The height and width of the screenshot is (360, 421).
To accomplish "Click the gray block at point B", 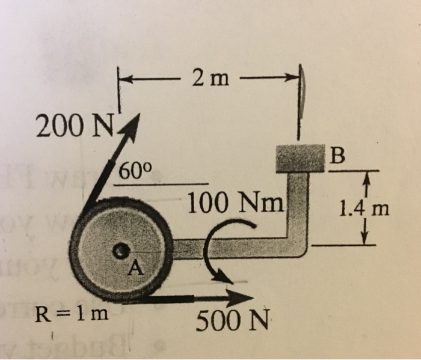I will (299, 157).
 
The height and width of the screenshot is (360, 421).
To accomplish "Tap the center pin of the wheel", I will (122, 249).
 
